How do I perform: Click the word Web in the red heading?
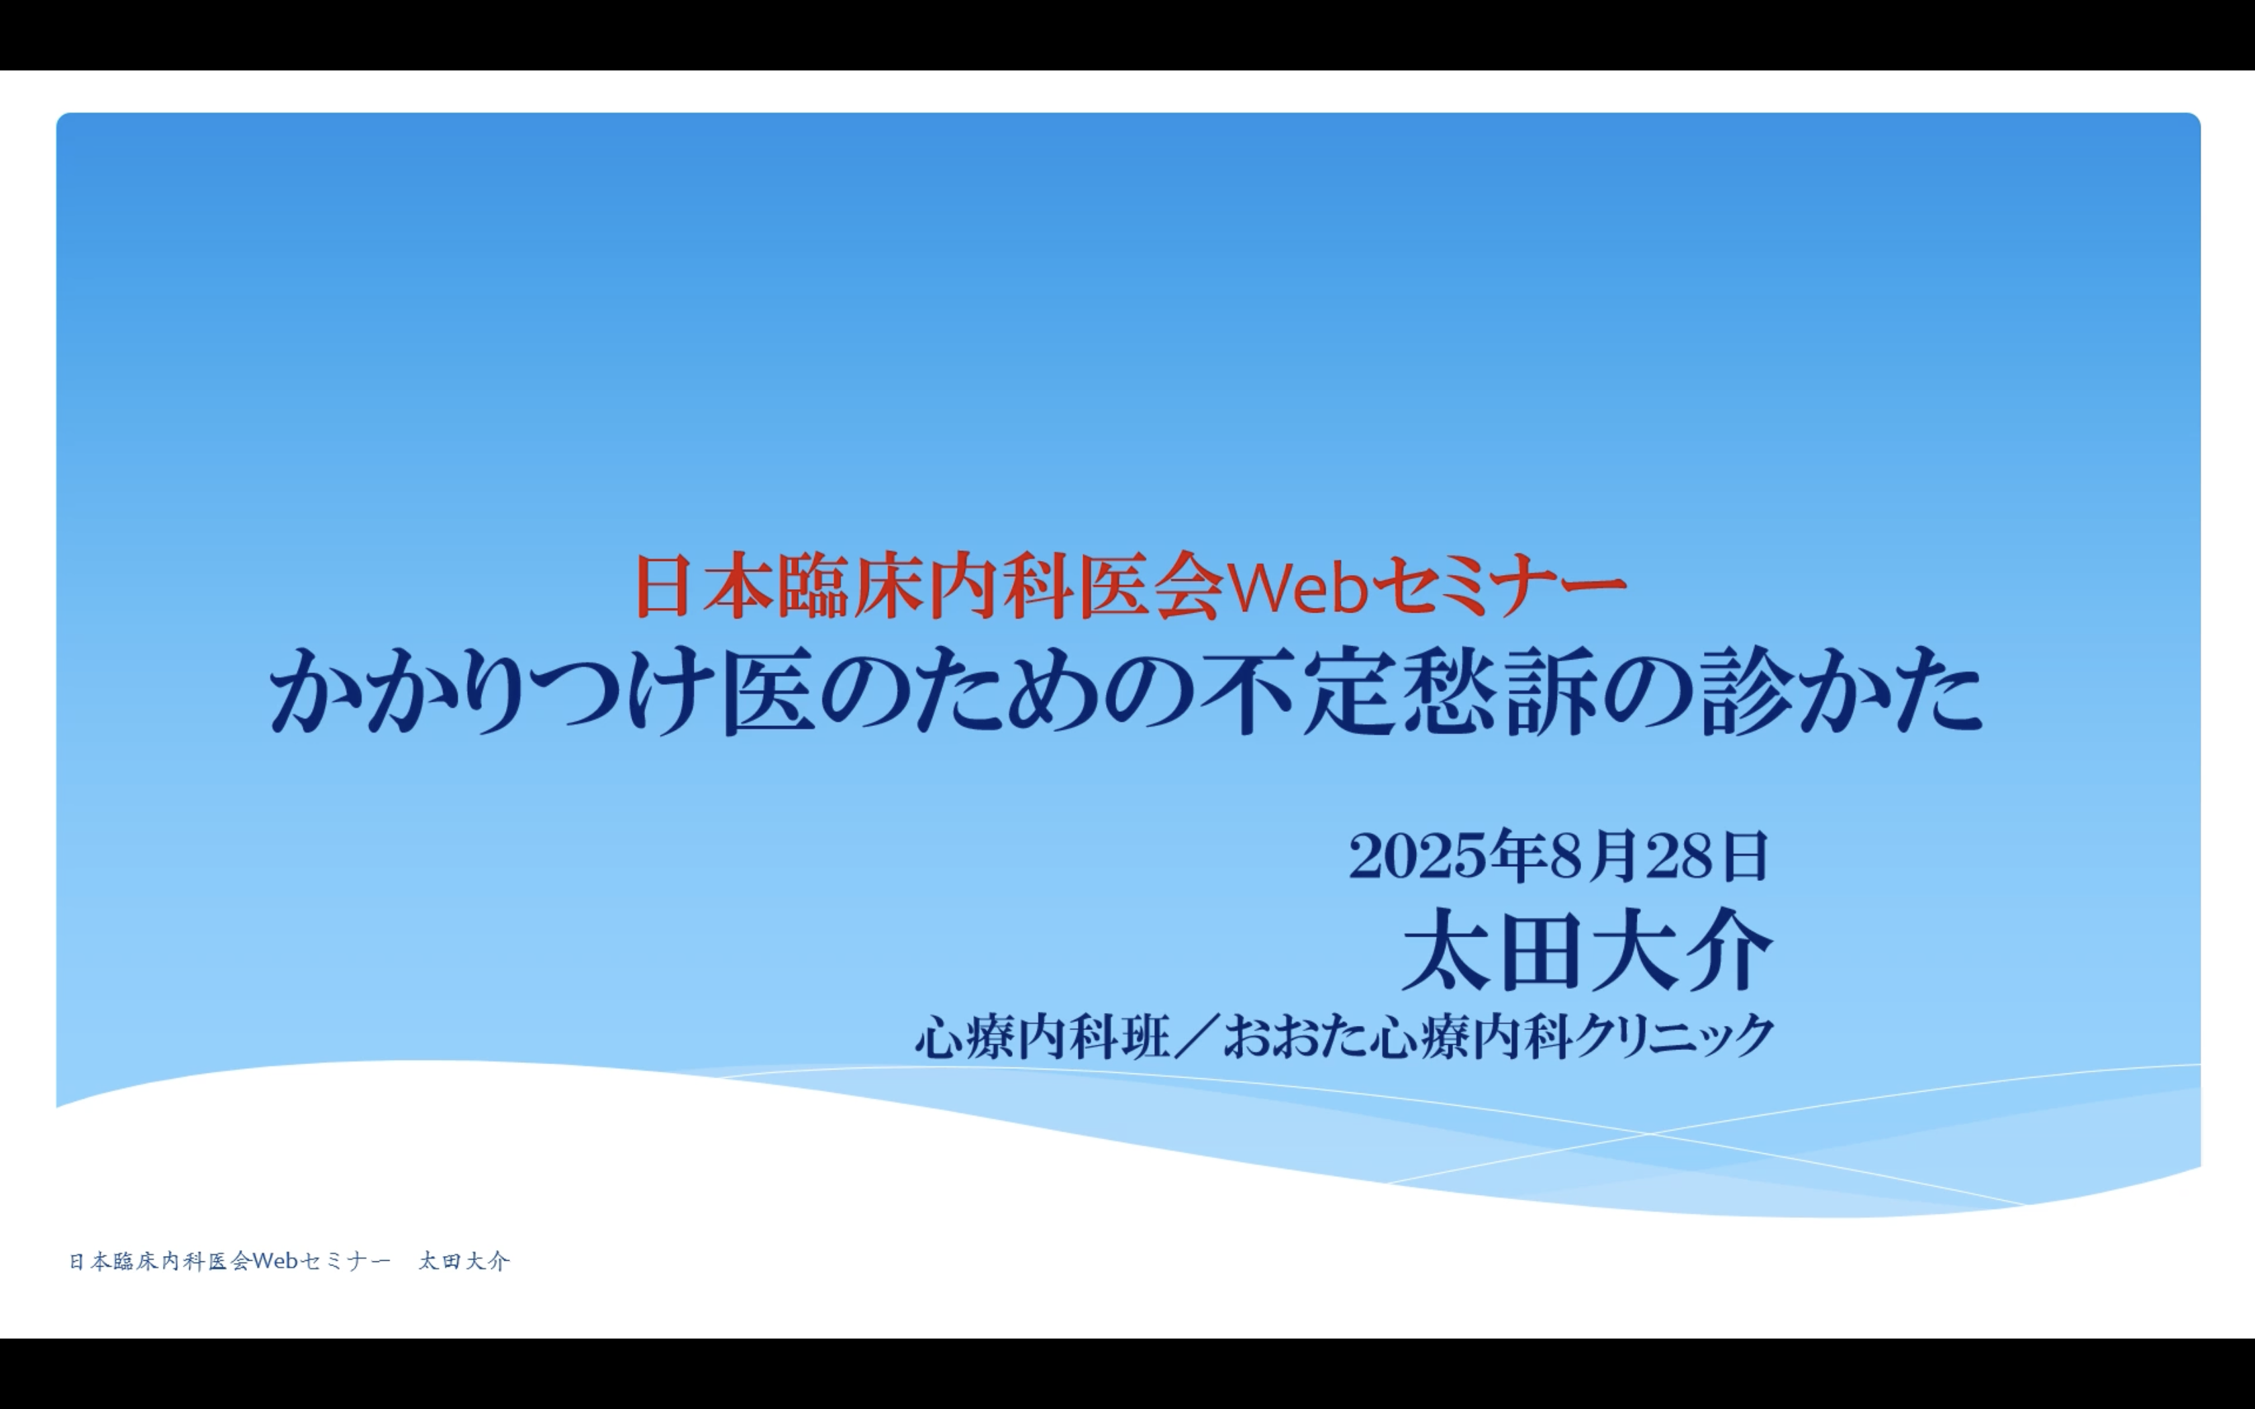pyautogui.click(x=1298, y=587)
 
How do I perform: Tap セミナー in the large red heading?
pyautogui.click(x=1499, y=586)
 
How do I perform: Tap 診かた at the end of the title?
pyautogui.click(x=1842, y=692)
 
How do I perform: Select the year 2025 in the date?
pyautogui.click(x=1417, y=856)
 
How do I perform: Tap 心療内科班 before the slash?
pyautogui.click(x=1043, y=1036)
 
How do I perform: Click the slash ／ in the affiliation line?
pyautogui.click(x=1197, y=1036)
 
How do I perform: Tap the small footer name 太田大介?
pyautogui.click(x=464, y=1261)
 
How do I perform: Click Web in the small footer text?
pyautogui.click(x=275, y=1261)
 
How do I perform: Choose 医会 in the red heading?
pyautogui.click(x=1152, y=586)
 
